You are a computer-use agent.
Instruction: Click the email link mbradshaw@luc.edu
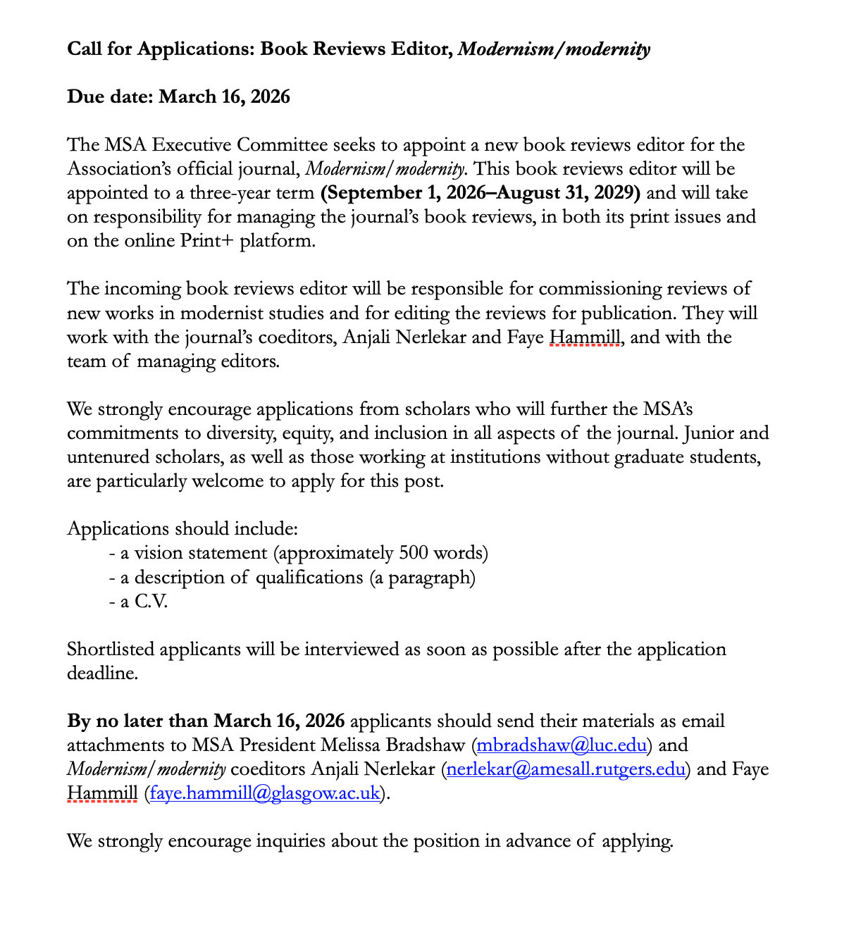pos(562,745)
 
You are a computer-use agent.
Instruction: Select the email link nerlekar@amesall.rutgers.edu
pos(566,769)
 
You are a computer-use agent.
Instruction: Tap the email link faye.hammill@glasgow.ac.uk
pos(265,793)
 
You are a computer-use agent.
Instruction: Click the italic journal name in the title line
pos(554,49)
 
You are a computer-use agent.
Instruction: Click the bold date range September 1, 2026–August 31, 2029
pos(480,193)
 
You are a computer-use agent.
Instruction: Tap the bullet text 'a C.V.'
pos(144,602)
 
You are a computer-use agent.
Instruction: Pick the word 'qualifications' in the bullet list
pos(309,578)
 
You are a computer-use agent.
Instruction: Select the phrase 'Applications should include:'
pos(182,529)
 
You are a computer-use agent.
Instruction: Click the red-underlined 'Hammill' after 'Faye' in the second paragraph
pos(585,337)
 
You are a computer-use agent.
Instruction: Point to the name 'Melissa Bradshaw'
pos(393,745)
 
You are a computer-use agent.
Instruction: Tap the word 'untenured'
pos(104,457)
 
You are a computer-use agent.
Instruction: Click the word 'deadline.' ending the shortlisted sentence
pos(102,673)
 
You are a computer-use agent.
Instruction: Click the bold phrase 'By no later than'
pos(137,721)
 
